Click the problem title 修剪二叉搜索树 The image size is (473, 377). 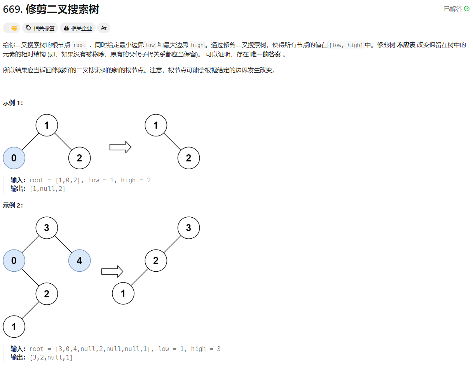coord(62,10)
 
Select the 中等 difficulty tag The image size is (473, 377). coord(11,28)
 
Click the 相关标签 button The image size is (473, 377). coord(40,28)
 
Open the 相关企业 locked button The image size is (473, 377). coord(78,28)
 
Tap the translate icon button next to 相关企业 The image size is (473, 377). coord(104,28)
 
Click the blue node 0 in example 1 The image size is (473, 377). coord(14,158)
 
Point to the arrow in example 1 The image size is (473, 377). coord(120,147)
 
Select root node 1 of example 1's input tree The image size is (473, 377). coord(47,125)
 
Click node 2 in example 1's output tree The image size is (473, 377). coord(189,158)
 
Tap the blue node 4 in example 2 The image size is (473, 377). coord(79,260)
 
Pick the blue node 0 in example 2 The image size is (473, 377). coord(14,260)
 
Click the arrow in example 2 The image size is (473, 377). coord(112,271)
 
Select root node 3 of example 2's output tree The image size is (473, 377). coord(189,228)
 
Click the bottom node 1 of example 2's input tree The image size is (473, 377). coord(14,327)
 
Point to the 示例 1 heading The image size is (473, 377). coord(13,103)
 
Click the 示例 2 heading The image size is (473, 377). coord(13,206)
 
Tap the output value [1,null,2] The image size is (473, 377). coord(47,189)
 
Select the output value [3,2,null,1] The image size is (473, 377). coord(51,358)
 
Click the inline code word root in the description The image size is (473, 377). coord(79,45)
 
